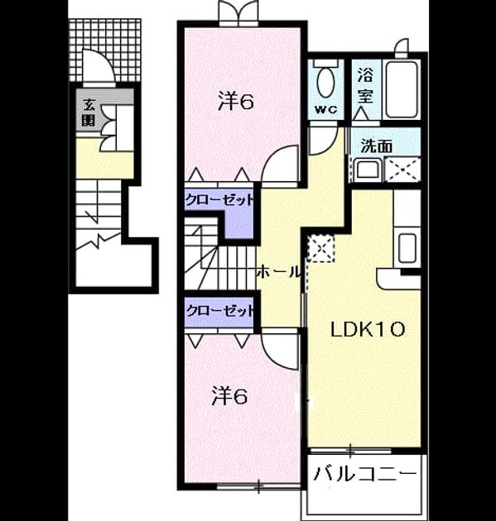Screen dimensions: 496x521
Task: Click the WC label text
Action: [x=326, y=110]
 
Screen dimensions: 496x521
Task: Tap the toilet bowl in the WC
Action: [x=326, y=83]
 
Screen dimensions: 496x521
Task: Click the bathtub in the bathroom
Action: [x=402, y=89]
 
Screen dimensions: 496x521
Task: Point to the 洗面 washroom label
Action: [x=377, y=146]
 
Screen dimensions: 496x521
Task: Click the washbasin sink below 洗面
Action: [x=368, y=170]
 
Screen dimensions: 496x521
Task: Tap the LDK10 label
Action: [x=368, y=330]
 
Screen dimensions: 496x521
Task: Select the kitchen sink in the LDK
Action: [x=407, y=247]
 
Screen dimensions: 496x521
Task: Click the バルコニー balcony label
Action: [x=364, y=474]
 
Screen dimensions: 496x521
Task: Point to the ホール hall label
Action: [x=278, y=272]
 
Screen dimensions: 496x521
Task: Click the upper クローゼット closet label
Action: [x=219, y=200]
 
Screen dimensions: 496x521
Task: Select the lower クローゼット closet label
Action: [x=219, y=311]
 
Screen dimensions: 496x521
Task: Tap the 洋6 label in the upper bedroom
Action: [x=236, y=101]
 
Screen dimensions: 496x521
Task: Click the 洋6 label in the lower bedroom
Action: [x=229, y=396]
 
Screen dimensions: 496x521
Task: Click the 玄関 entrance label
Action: [x=89, y=113]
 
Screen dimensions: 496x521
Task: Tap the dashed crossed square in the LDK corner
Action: [x=320, y=248]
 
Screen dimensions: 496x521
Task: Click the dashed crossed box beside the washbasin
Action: [x=402, y=170]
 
